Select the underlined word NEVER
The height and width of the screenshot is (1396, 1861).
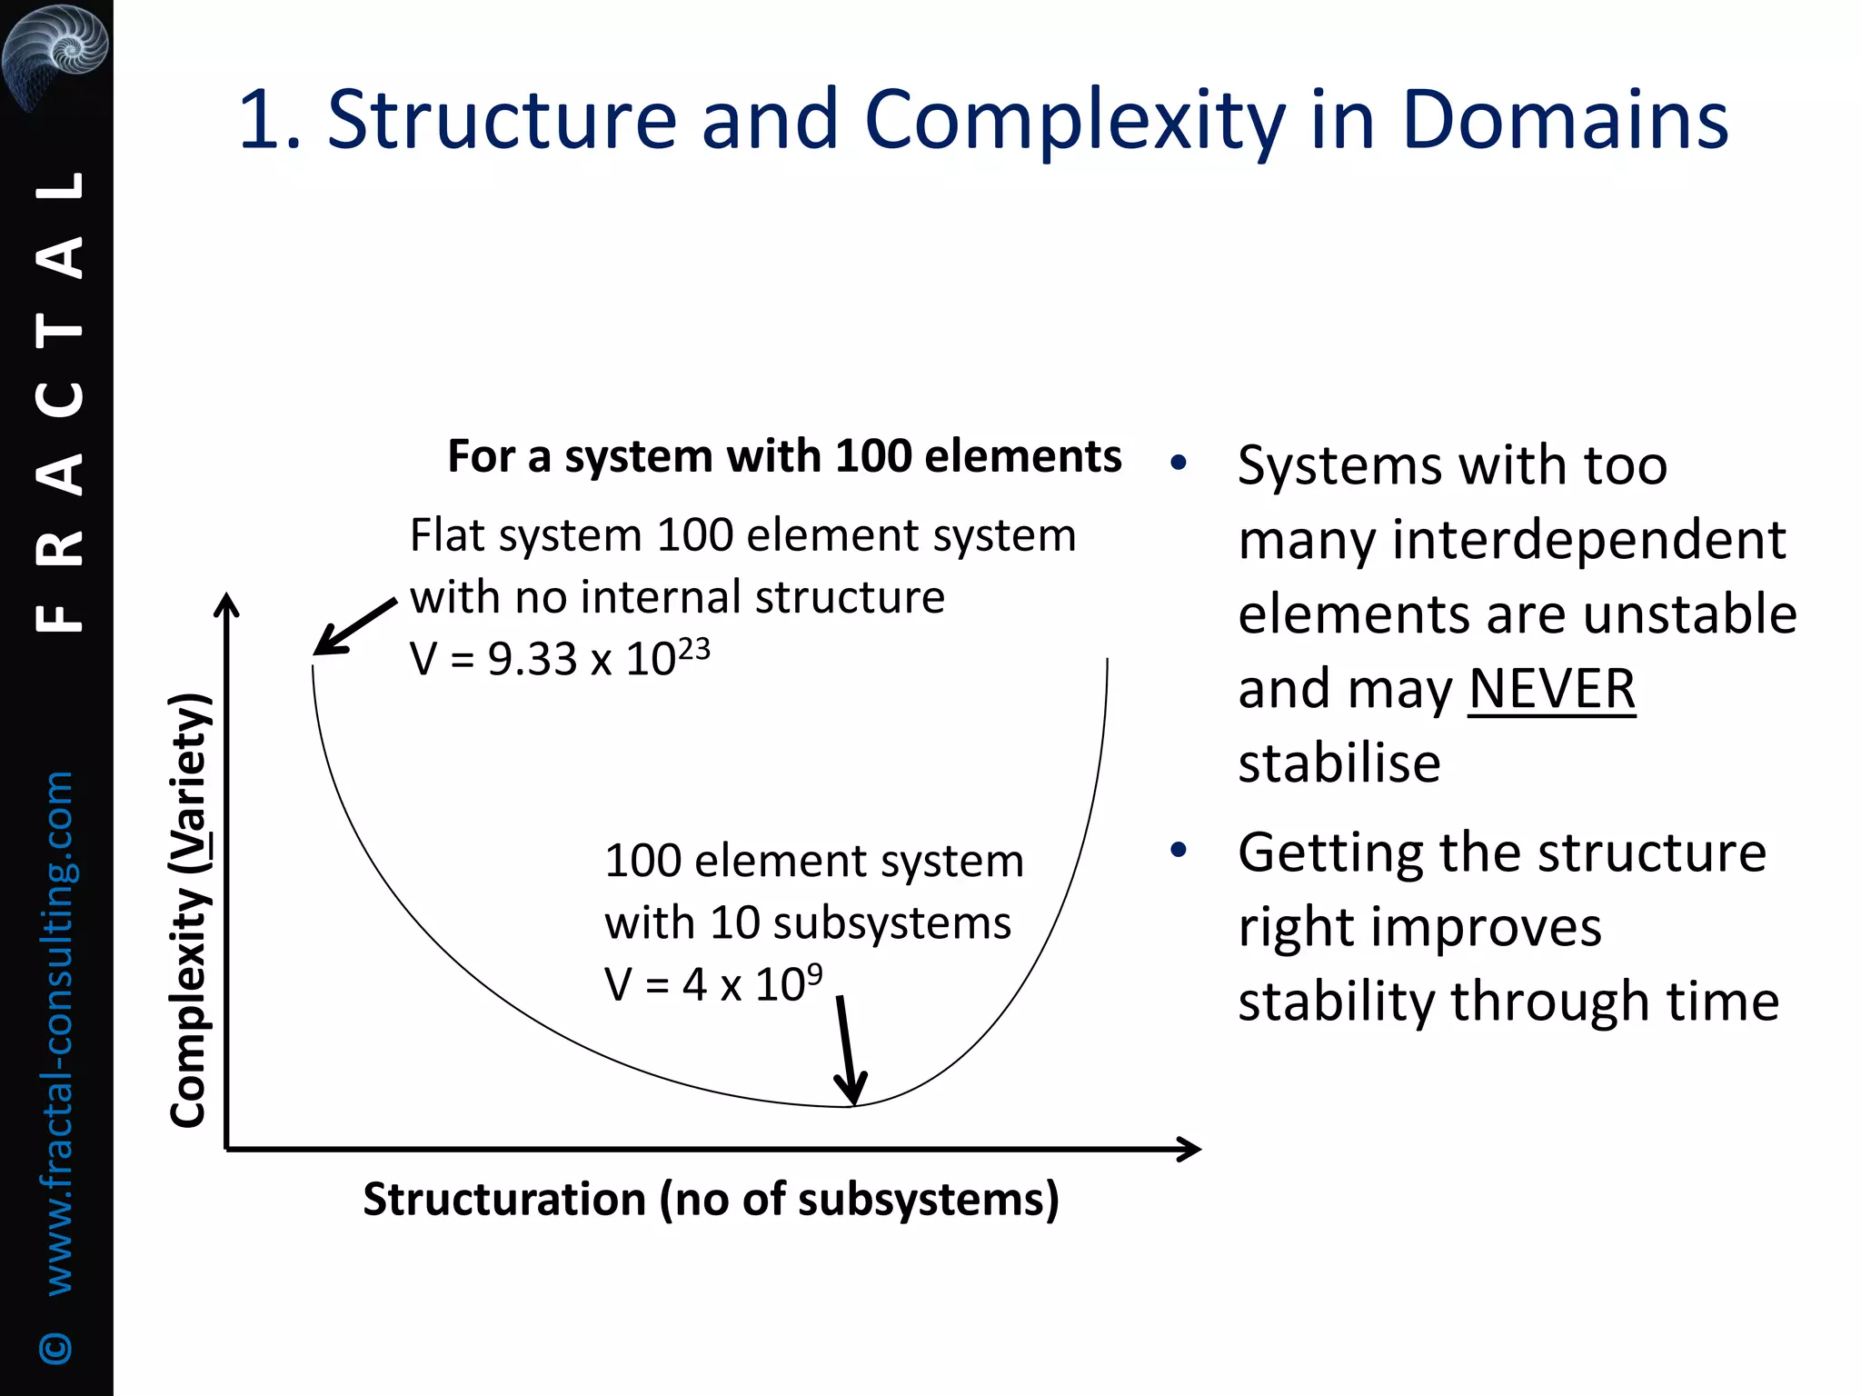[x=1551, y=689]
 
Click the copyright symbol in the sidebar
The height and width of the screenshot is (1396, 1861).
[x=56, y=1347]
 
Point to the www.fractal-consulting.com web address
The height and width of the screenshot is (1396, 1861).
[x=58, y=1032]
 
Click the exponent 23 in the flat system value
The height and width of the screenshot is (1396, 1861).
[x=693, y=648]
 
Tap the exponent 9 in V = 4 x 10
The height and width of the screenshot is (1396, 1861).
[x=814, y=973]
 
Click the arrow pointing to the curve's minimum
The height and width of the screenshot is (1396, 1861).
[x=847, y=1051]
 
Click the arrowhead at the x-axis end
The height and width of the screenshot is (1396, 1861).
[x=1189, y=1150]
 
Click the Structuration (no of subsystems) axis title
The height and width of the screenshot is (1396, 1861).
[x=711, y=1200]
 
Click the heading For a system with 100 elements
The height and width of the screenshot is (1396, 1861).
[x=784, y=456]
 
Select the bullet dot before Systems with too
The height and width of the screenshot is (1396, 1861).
[x=1179, y=464]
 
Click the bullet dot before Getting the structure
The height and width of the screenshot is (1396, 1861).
[x=1179, y=851]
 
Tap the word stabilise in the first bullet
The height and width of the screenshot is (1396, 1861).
[x=1339, y=763]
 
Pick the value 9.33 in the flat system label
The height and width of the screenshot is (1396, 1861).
[x=532, y=660]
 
